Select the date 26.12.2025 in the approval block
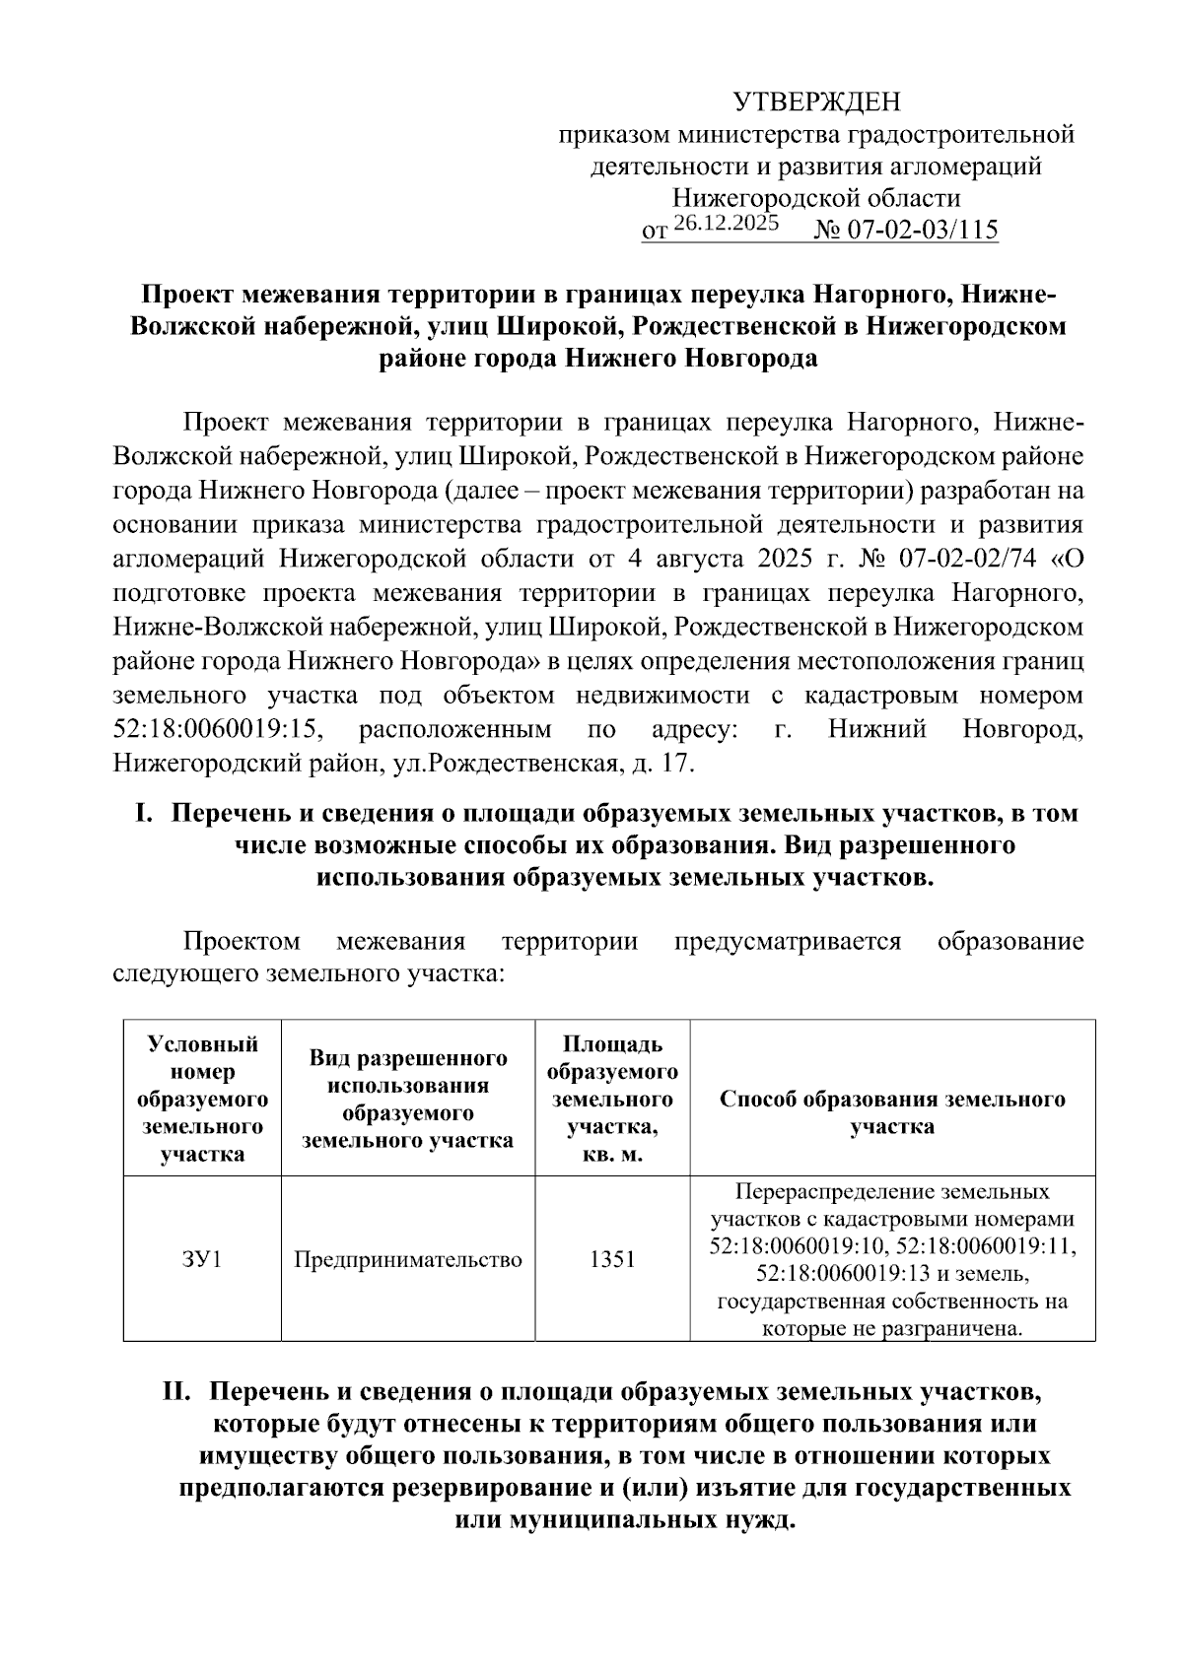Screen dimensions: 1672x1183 pyautogui.click(x=728, y=224)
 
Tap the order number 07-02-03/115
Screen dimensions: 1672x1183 pyautogui.click(x=922, y=231)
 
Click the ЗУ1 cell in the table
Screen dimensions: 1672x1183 pyautogui.click(x=202, y=1259)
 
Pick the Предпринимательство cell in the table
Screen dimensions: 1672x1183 pyautogui.click(x=408, y=1259)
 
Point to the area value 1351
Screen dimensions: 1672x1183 pyautogui.click(x=612, y=1259)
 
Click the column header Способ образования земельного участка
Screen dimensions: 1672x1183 pyautogui.click(x=892, y=1111)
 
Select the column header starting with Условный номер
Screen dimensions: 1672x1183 pyautogui.click(x=202, y=1099)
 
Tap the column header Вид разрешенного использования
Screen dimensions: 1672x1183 pyautogui.click(x=408, y=1099)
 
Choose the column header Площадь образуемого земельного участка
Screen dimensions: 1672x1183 pyautogui.click(x=612, y=1099)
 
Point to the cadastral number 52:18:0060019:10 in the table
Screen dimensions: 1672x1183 pyautogui.click(x=798, y=1246)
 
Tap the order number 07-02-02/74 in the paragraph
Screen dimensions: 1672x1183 pyautogui.click(x=969, y=559)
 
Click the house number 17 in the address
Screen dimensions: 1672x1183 pyautogui.click(x=680, y=763)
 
